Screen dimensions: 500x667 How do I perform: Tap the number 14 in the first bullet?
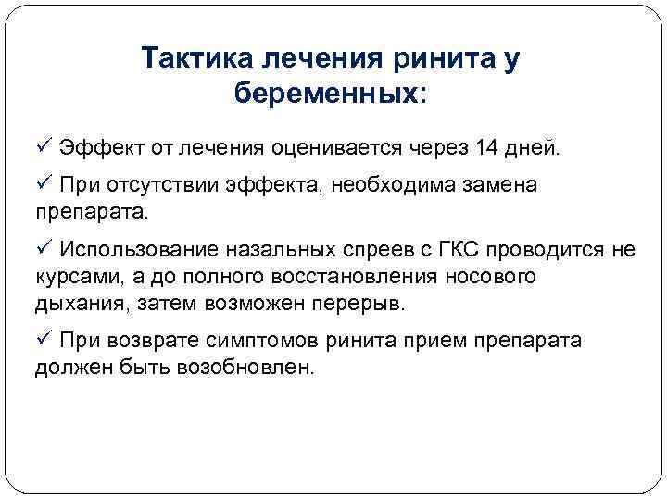pyautogui.click(x=485, y=147)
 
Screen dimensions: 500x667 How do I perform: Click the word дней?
pyautogui.click(x=531, y=147)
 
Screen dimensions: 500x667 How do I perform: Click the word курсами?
pyautogui.click(x=71, y=277)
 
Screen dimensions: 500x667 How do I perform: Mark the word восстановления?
pyautogui.click(x=323, y=277)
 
